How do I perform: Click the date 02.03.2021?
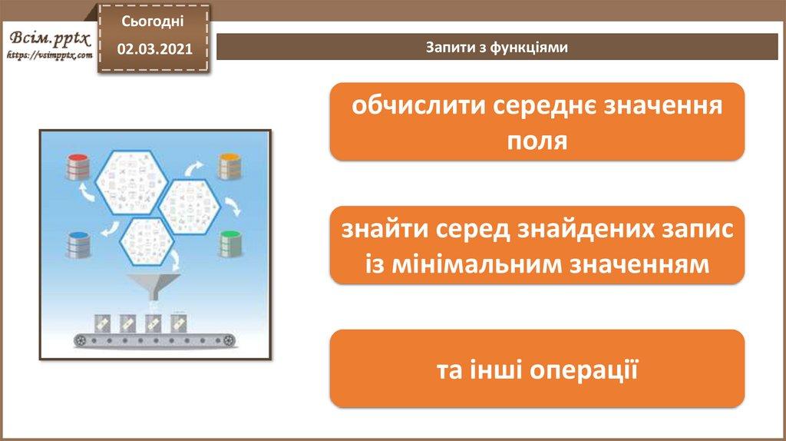coord(155,48)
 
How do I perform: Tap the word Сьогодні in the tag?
coord(153,21)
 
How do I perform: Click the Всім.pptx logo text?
coord(50,38)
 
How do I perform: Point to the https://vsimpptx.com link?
coord(50,55)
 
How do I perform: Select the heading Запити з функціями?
coord(497,47)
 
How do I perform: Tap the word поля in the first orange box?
coord(537,141)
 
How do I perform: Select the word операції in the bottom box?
coord(583,370)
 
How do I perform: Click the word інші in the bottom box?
coord(496,370)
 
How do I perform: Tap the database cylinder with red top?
coord(78,167)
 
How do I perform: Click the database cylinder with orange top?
coord(230,167)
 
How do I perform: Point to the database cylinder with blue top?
coord(78,245)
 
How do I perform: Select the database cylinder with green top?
coord(230,244)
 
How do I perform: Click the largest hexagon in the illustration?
coord(132,183)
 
